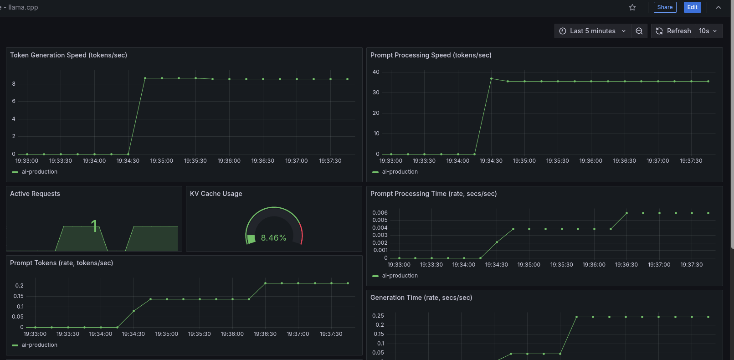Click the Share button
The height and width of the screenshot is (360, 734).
coord(665,7)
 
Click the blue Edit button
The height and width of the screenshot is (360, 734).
coord(692,7)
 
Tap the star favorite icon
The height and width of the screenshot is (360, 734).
coord(632,7)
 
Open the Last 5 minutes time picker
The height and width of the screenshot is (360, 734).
coord(592,31)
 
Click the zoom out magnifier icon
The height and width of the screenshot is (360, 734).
coord(639,31)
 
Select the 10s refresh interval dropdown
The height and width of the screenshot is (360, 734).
coord(708,31)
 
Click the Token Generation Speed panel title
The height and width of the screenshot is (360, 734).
coord(68,55)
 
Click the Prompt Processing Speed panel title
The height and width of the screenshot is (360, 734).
coord(431,55)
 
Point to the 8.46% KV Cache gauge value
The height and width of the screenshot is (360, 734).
coord(273,238)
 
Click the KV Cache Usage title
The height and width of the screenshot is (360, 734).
coord(216,194)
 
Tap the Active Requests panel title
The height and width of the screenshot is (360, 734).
coord(35,194)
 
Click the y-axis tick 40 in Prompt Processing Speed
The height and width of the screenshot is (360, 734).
coord(376,72)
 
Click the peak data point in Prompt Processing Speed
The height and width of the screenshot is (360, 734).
coord(491,78)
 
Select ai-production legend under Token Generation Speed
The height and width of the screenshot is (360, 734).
coord(39,172)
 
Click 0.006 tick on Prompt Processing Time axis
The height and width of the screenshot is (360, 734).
coord(380,213)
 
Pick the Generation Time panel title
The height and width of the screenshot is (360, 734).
coord(421,298)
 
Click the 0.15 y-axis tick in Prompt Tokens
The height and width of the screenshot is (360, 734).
coord(18,296)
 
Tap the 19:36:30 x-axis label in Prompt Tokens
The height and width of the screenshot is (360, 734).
coord(265,334)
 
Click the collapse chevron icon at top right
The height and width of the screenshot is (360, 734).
coord(719,7)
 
